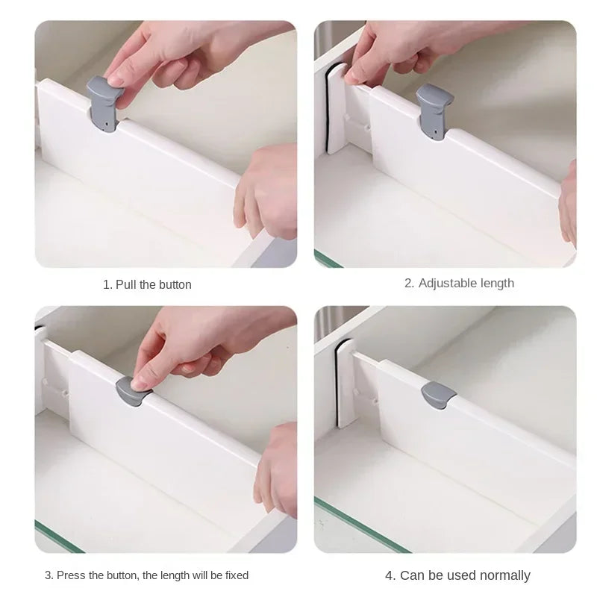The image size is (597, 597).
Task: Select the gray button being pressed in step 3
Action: point(131,390)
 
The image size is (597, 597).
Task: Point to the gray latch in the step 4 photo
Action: point(436,395)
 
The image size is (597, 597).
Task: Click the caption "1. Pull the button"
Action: point(147,284)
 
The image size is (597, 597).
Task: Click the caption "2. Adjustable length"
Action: point(459,283)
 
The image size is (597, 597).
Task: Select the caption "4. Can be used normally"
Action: point(457,575)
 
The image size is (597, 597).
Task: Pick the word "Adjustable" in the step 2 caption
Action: point(446,283)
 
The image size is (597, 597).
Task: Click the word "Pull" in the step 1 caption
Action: point(126,284)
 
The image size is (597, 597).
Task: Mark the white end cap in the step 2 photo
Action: point(335,108)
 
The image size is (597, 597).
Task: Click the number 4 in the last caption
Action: point(389,575)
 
